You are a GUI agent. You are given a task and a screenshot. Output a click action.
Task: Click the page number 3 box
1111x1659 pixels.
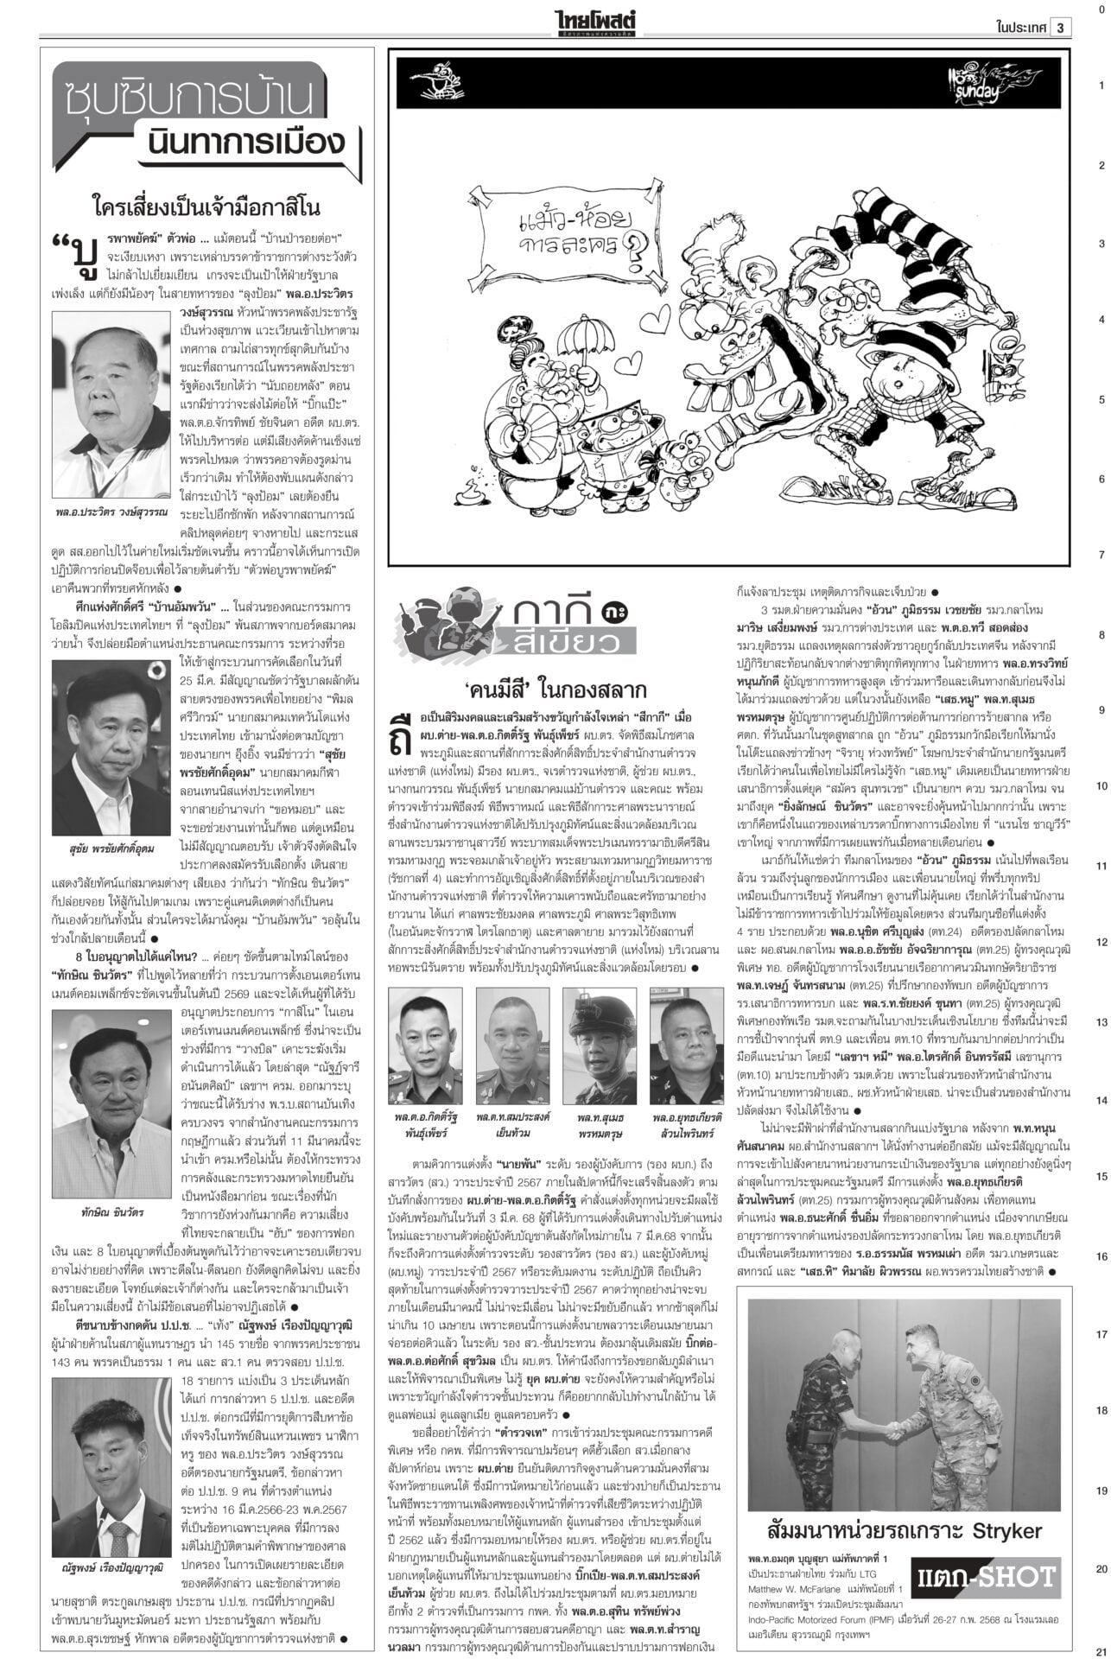coord(1062,27)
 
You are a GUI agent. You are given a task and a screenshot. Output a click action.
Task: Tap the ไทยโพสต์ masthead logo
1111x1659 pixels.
coord(597,22)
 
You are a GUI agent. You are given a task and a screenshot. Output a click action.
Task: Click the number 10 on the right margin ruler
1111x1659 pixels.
coord(1101,786)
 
